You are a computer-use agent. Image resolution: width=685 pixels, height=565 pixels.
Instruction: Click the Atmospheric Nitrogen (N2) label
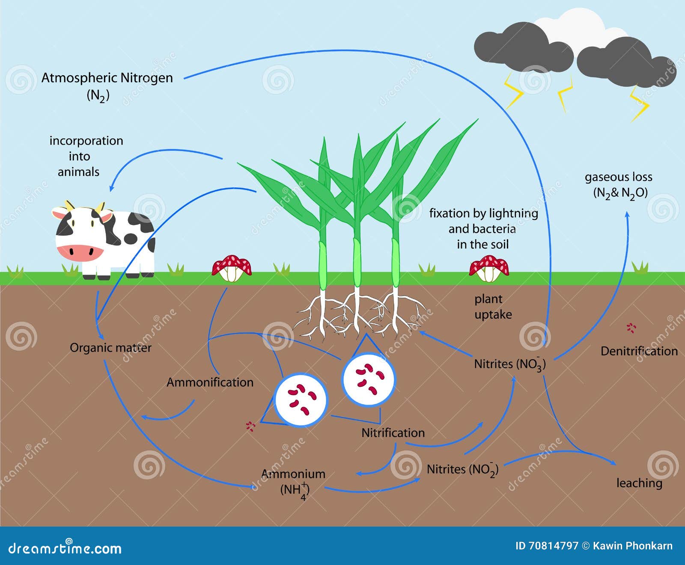[107, 86]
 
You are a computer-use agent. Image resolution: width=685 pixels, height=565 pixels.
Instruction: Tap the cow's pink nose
[80, 252]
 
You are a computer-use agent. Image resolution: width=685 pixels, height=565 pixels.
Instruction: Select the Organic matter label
[110, 348]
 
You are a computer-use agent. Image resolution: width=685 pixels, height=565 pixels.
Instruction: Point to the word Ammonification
[210, 382]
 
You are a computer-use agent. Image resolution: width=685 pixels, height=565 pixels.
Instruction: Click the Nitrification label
[393, 433]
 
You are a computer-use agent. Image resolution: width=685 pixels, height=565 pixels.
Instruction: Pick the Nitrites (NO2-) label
[462, 470]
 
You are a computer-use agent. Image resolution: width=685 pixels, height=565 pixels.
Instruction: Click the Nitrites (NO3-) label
[509, 364]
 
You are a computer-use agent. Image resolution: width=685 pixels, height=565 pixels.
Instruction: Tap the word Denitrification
[639, 352]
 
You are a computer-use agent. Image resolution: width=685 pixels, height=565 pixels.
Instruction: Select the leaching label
[639, 483]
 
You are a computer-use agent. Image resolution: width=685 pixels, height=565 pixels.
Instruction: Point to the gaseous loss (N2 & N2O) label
[619, 185]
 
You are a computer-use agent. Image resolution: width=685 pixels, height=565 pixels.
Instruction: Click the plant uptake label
[493, 307]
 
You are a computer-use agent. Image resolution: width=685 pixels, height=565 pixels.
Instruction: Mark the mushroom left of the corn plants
[232, 268]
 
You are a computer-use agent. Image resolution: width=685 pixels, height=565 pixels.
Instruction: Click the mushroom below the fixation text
[489, 269]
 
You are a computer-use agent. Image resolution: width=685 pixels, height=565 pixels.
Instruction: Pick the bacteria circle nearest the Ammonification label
[301, 399]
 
